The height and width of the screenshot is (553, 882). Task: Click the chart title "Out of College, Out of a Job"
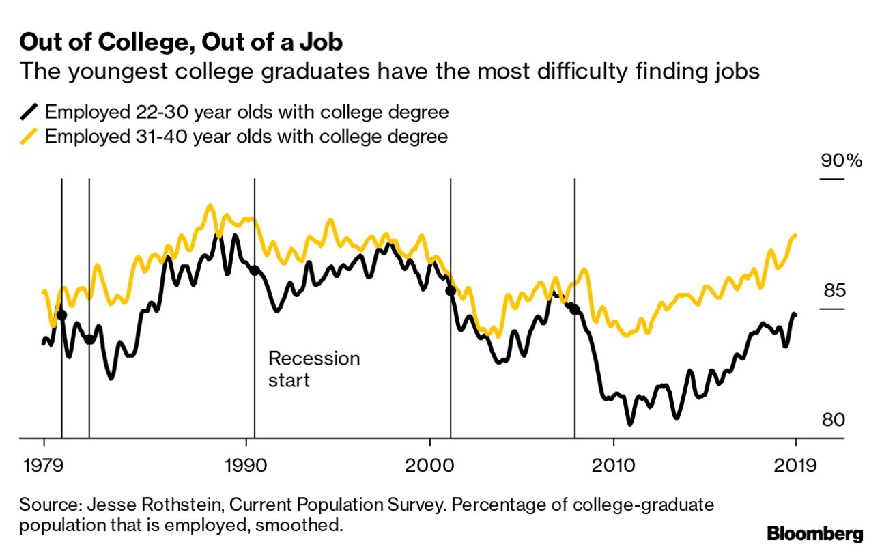[181, 43]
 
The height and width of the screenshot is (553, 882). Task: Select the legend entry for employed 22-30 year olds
[246, 111]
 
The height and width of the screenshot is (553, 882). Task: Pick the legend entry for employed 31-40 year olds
[246, 137]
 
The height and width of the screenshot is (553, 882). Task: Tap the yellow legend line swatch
[29, 137]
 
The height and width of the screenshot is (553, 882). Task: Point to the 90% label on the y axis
[842, 161]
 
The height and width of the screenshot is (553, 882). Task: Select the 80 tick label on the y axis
[833, 420]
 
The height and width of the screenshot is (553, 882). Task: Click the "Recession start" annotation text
[313, 369]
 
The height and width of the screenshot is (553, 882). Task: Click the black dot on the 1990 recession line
[255, 270]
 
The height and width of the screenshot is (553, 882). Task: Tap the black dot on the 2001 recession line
[451, 291]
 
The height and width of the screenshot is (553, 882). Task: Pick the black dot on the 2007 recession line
[575, 309]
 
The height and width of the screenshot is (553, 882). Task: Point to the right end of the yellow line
[795, 236]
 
